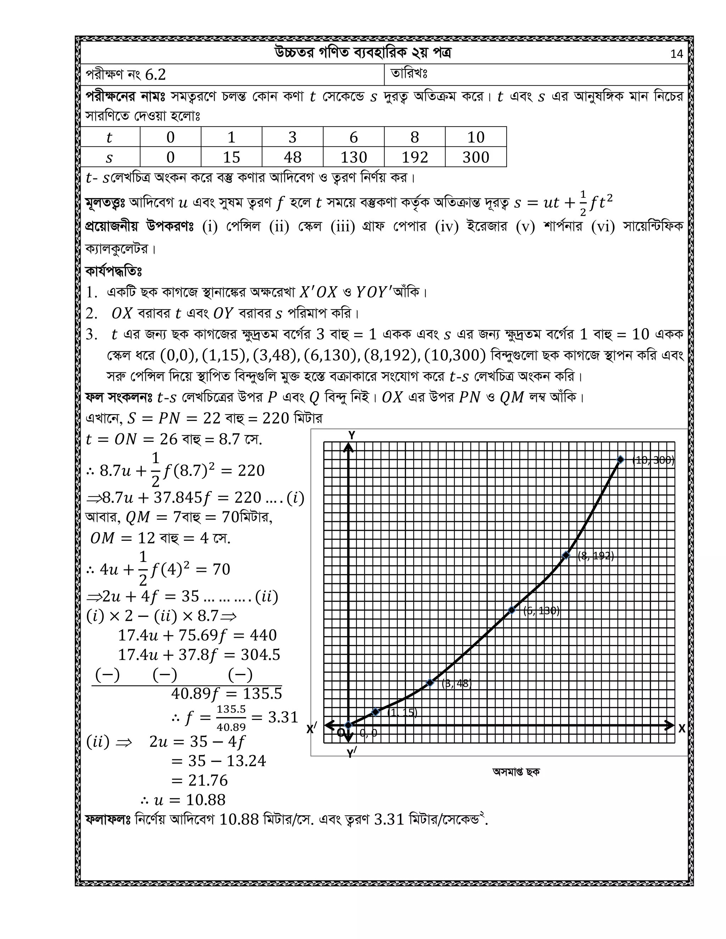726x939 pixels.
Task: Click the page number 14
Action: tap(676, 54)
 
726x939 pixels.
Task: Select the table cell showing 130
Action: tap(353, 157)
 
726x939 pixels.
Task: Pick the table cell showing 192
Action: tap(415, 157)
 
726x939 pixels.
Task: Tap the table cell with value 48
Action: tap(292, 157)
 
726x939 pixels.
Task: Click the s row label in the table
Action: tap(109, 157)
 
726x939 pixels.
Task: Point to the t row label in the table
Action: tap(109, 137)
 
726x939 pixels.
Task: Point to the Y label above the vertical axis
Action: tap(351, 435)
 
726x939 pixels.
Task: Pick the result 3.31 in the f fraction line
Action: tap(283, 717)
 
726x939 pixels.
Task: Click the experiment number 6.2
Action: tap(155, 75)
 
